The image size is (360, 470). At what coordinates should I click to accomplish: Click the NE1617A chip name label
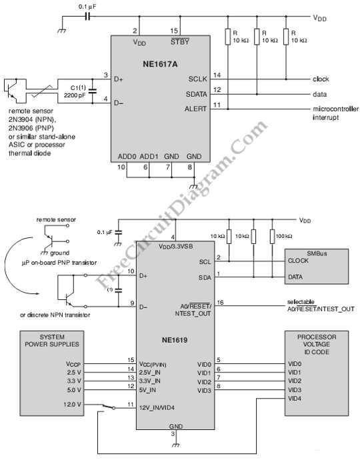160,64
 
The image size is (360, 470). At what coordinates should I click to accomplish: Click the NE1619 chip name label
175,340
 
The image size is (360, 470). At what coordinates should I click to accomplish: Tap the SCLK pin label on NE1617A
197,79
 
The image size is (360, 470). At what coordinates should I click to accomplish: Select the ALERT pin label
195,109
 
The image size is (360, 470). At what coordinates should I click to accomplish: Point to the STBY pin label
180,41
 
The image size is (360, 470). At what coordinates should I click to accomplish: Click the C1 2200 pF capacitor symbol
92,91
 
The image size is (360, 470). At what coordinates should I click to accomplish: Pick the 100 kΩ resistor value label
283,236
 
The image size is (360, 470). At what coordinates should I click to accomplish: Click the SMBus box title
317,253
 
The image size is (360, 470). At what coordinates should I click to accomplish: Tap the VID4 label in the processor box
295,399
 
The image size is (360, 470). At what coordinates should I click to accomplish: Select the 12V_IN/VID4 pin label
157,407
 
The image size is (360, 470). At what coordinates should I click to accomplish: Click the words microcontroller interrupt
335,113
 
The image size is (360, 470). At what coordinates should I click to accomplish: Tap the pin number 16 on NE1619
220,302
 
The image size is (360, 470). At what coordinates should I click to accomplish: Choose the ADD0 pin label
127,157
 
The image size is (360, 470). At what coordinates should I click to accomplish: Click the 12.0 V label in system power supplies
72,405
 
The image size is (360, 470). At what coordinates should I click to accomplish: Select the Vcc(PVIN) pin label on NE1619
153,364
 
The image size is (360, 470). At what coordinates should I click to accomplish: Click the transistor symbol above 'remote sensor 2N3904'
11,89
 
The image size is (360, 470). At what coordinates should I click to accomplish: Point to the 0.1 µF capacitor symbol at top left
88,17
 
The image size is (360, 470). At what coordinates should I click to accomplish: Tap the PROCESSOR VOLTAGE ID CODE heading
317,345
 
